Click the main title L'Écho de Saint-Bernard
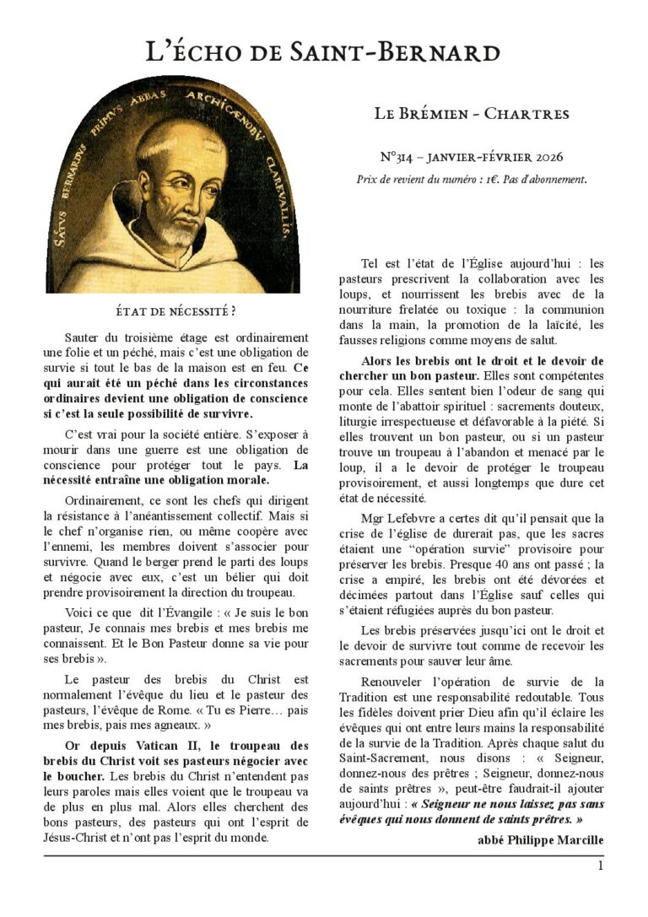tap(323, 52)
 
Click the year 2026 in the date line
tap(544, 157)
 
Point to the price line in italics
tap(472, 179)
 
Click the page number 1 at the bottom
tap(600, 866)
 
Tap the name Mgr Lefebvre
tap(399, 517)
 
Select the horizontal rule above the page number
tap(324, 855)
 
